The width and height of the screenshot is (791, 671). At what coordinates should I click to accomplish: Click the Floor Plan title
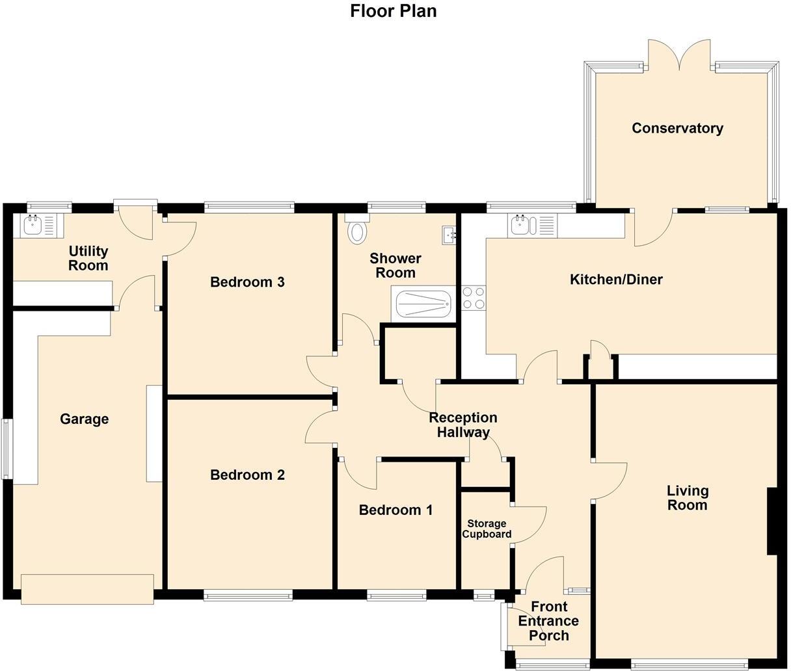point(393,11)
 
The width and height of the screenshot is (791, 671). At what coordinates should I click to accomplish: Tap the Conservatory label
point(677,128)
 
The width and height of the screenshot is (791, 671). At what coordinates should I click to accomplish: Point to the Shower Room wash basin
point(449,235)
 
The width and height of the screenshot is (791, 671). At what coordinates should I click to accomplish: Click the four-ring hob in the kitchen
point(473,298)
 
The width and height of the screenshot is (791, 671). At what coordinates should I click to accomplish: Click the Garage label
point(84,419)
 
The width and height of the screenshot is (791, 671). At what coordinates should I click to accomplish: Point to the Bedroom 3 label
point(247,282)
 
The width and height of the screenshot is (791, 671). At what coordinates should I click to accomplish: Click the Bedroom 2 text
point(247,475)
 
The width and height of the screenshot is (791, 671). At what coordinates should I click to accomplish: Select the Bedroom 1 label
point(395,510)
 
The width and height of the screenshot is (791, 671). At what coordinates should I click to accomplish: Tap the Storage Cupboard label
point(487,529)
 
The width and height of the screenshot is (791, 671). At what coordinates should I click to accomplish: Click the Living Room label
point(687,498)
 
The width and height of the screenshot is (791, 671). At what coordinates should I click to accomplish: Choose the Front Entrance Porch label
point(548,621)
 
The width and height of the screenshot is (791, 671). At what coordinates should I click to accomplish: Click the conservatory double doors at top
point(679,56)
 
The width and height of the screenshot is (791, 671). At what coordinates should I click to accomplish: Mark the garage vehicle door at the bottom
point(87,589)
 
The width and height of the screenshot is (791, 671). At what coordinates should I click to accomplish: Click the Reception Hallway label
point(463,425)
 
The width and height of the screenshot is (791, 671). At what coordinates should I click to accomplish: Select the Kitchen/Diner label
point(615,280)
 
